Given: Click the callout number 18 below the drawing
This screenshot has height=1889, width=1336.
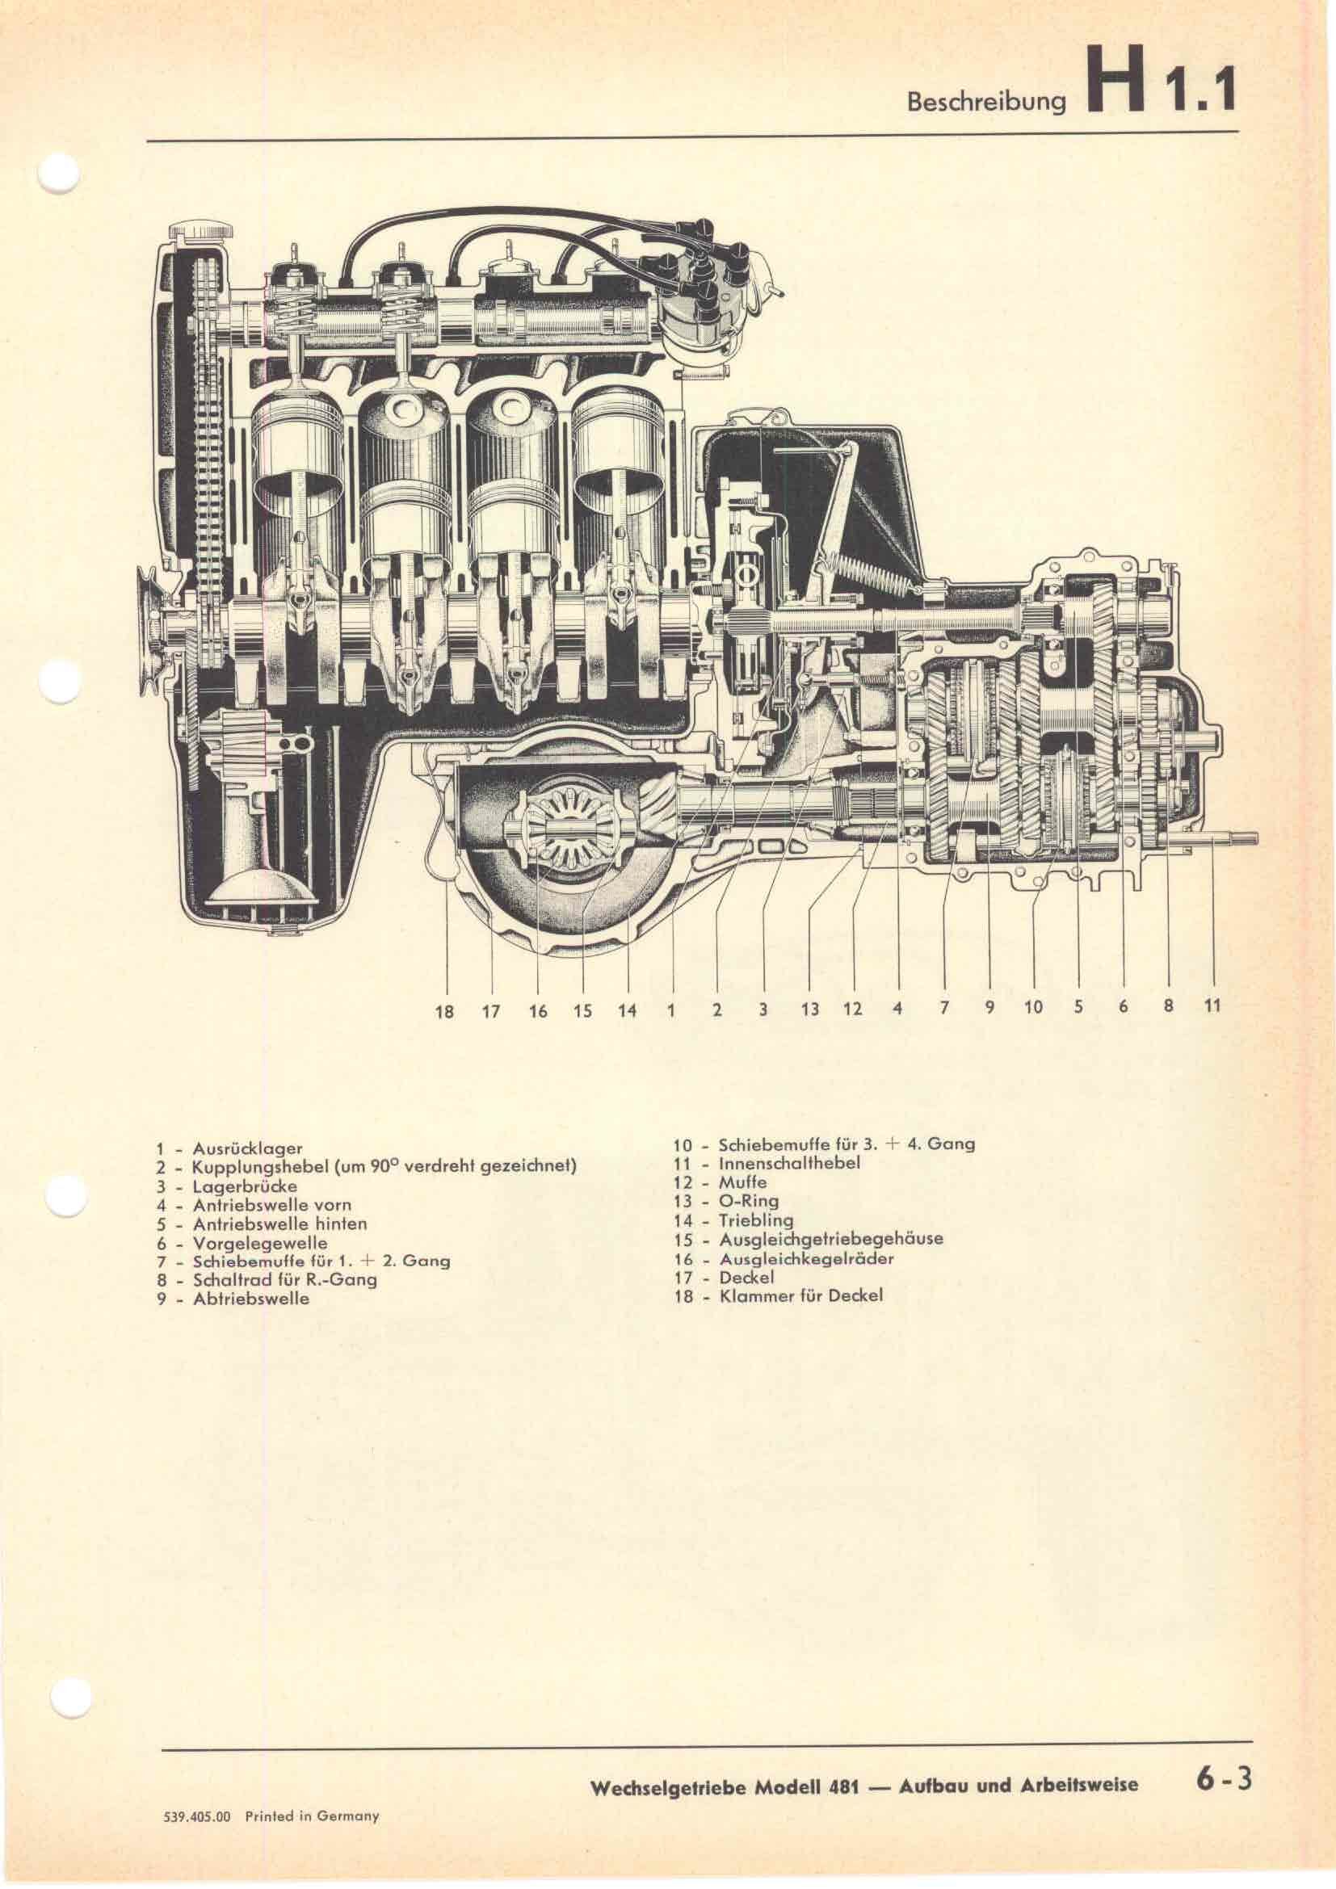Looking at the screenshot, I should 444,1012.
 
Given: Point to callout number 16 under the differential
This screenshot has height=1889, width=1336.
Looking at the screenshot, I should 538,1011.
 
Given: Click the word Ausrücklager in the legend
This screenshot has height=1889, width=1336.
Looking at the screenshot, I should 248,1148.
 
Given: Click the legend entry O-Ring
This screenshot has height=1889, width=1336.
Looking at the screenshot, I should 749,1202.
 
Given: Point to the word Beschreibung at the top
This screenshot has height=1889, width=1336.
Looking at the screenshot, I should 985,102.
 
